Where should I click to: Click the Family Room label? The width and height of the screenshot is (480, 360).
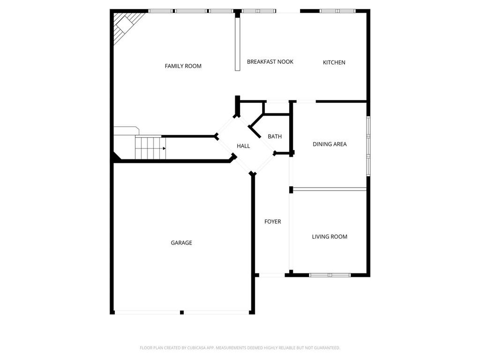(183, 66)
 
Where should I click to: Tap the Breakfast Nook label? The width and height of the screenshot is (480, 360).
(270, 62)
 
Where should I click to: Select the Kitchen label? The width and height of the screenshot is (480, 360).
(334, 62)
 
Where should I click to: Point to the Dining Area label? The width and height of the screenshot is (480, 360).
(330, 144)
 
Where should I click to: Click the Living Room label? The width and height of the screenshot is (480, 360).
(330, 237)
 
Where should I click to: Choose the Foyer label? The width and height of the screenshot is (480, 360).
(272, 222)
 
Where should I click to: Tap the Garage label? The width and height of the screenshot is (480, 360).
(181, 243)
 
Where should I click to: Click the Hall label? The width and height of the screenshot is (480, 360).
(243, 146)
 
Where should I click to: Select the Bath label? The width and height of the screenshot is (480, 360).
(275, 137)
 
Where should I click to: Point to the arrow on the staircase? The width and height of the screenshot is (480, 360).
(164, 149)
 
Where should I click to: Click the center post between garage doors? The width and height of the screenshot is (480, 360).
(182, 312)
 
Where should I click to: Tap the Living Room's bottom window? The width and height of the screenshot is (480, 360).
(330, 275)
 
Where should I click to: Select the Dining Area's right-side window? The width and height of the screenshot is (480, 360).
(368, 145)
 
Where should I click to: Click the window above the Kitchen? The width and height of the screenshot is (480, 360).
(337, 10)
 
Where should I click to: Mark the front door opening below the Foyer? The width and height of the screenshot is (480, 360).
(271, 275)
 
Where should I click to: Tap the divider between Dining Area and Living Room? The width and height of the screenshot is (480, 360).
(329, 189)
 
